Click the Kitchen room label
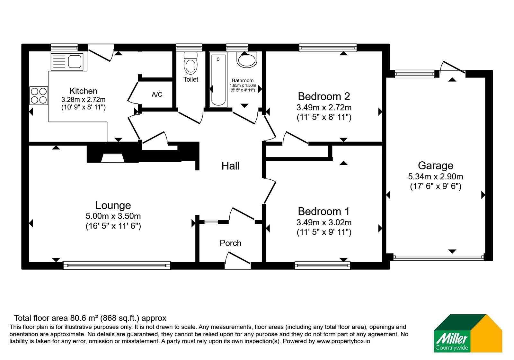coord(83,91)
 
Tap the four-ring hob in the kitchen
coord(39,95)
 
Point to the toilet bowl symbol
coord(191,63)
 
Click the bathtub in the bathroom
coord(218,79)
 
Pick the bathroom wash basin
coord(247,60)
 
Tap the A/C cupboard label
coord(157,94)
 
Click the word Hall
coord(230,166)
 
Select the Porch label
coord(230,243)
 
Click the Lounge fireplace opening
coord(113,158)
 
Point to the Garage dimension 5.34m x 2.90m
coord(436,176)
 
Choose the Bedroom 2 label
coord(324,96)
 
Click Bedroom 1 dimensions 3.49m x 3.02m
coord(324,222)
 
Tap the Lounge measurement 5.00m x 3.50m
coord(113,216)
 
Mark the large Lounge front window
coord(117,265)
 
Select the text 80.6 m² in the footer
coord(84,318)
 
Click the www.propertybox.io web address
coord(343,341)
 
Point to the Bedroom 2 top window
coord(328,48)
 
